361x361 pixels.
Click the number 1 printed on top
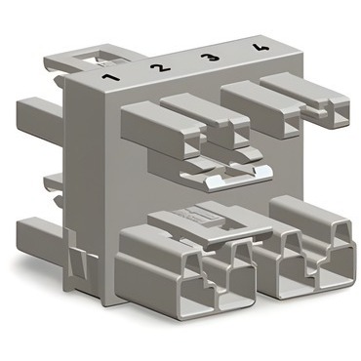coord(110,78)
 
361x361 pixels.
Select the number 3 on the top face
coord(210,58)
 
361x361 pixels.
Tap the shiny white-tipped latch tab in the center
coord(237,178)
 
